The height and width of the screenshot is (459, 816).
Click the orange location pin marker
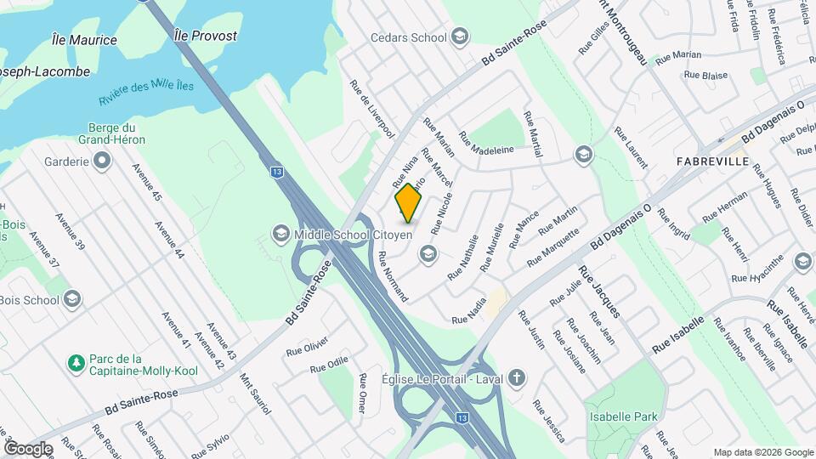[x=409, y=202]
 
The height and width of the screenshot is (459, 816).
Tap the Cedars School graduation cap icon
[x=460, y=37]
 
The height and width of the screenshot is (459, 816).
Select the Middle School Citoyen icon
[x=280, y=233]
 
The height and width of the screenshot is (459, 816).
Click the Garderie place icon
[x=102, y=161]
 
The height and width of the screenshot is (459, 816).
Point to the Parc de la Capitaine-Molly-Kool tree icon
[x=76, y=363]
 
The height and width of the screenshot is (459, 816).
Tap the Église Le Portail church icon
[x=516, y=378]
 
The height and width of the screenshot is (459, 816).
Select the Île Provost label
[x=205, y=36]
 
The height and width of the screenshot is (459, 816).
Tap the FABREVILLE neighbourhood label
[x=712, y=161]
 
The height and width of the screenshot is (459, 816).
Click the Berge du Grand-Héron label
[x=111, y=133]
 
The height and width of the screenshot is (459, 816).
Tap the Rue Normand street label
[x=394, y=277]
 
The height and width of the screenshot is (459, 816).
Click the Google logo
[x=28, y=449]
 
